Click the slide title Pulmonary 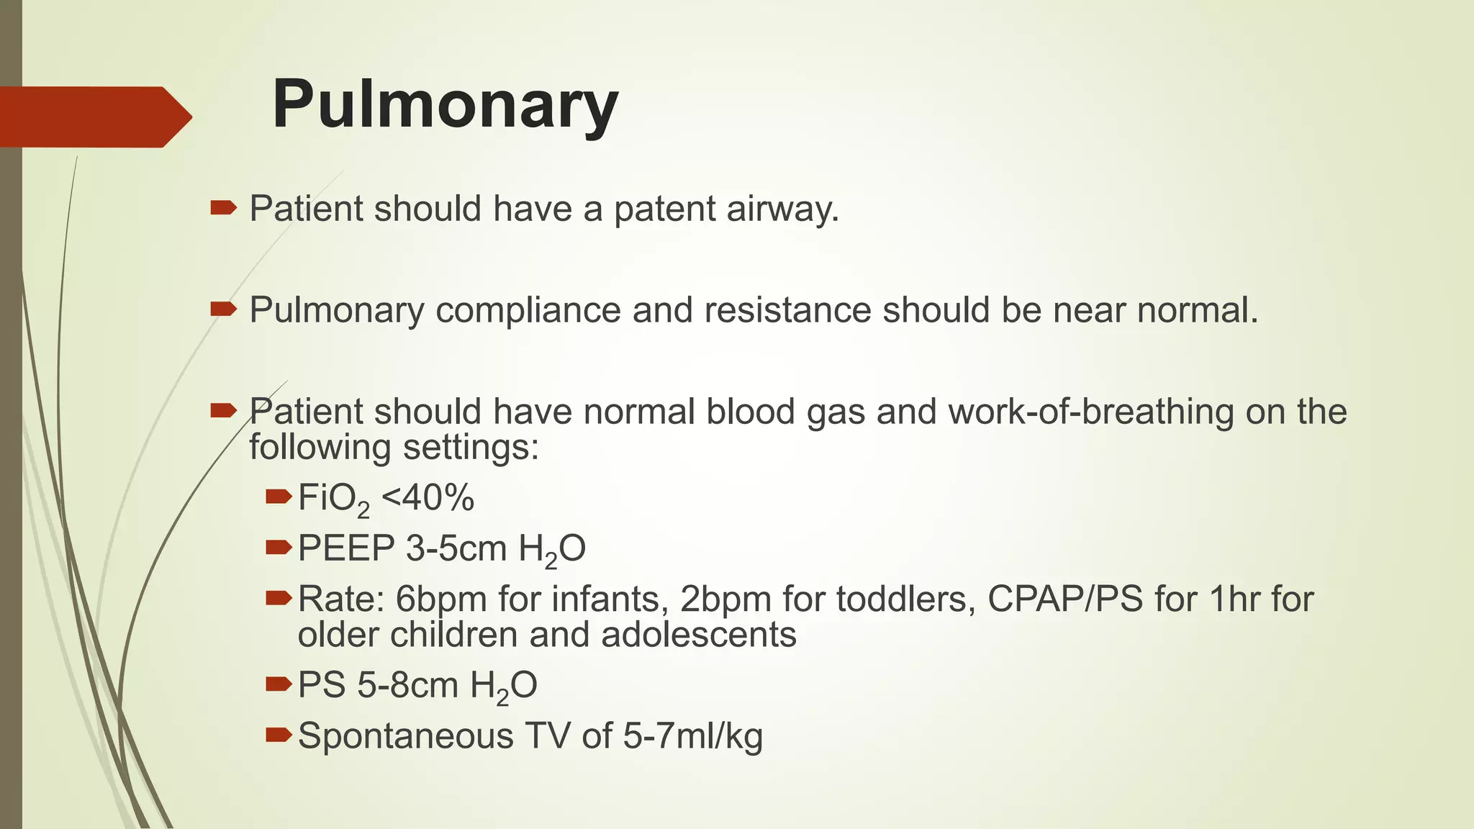pos(445,106)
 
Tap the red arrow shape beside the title pos(94,117)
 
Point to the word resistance pos(787,311)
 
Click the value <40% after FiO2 pos(428,498)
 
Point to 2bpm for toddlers pos(725,599)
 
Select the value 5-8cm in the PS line pos(407,685)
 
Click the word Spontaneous pos(406,736)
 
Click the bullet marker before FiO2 pos(278,497)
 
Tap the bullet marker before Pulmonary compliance pos(223,309)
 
